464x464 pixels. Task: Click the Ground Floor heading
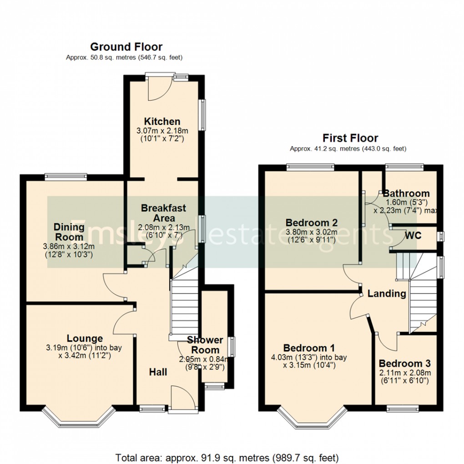(x=126, y=46)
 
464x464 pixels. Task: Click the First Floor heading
(x=350, y=138)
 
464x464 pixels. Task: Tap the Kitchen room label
(x=162, y=121)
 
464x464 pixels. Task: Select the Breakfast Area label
(x=163, y=212)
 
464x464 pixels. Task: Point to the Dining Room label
(x=69, y=232)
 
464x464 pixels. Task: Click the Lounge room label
(x=85, y=338)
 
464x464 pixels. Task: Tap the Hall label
(x=158, y=372)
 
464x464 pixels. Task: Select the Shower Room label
(x=205, y=345)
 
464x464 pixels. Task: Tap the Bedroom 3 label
(x=404, y=363)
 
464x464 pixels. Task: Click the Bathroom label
(x=406, y=193)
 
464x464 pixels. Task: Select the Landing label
(x=387, y=293)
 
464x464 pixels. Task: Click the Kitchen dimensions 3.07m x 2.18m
(x=162, y=131)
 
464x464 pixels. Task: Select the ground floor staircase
(x=185, y=309)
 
